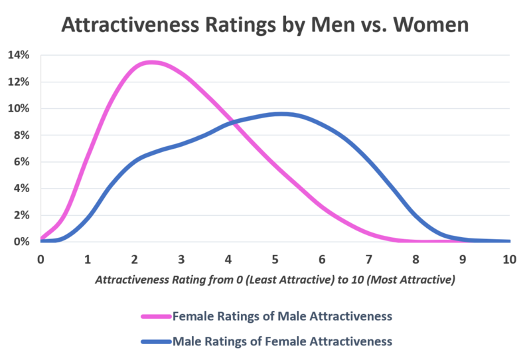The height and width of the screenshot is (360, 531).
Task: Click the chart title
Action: (x=265, y=25)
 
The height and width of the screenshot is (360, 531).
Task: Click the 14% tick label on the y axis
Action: (x=18, y=55)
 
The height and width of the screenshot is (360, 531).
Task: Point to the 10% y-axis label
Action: (x=18, y=108)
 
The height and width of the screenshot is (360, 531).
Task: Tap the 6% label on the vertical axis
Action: (x=20, y=161)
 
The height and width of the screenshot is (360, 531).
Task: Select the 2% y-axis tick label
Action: (x=20, y=215)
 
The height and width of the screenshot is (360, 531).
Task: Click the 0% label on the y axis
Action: (x=20, y=242)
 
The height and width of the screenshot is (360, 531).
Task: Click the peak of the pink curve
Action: (x=151, y=62)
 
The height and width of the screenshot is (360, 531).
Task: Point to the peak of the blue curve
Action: (x=281, y=114)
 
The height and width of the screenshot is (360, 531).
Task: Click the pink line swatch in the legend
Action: (x=155, y=316)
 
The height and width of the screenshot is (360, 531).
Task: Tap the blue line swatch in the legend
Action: (x=155, y=341)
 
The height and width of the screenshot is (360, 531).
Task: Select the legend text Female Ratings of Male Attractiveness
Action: (x=281, y=316)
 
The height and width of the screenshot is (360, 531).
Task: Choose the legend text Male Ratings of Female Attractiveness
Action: (x=281, y=341)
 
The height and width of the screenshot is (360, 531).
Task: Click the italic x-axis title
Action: (x=275, y=280)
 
